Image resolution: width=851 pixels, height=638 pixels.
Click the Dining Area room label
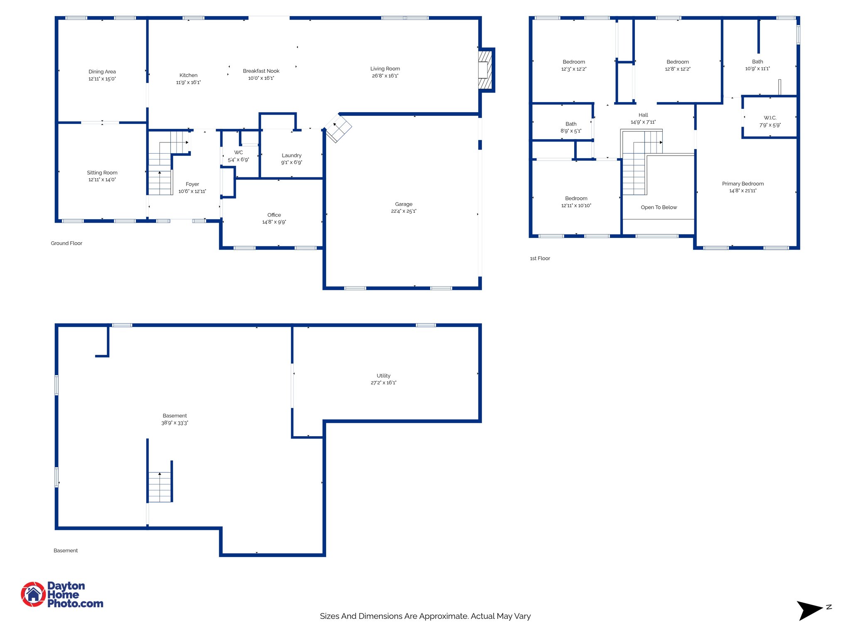coord(102,71)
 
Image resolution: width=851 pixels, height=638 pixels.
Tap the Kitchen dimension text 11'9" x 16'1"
coord(188,83)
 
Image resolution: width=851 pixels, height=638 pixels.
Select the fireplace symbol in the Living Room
coord(485,70)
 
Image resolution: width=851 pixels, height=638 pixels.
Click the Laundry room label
coord(291,155)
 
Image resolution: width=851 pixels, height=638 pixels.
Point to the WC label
coord(239,152)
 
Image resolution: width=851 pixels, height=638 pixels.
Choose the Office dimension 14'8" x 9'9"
coord(274,222)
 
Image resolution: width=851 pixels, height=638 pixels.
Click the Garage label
coord(403,204)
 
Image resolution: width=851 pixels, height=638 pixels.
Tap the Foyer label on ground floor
coord(192,184)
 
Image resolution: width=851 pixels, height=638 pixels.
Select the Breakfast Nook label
coord(261,71)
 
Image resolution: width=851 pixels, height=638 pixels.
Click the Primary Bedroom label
coord(743,184)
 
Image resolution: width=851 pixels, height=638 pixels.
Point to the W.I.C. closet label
coord(770,118)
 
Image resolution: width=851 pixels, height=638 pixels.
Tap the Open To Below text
coord(659,207)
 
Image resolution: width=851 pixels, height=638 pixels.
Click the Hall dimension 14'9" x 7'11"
coord(643,122)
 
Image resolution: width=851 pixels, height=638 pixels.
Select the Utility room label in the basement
coord(383,375)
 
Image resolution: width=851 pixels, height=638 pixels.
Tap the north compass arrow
coord(809,610)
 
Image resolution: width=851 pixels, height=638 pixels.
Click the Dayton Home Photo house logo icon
coord(33,594)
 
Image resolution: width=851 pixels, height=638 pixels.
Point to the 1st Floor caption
coord(540,258)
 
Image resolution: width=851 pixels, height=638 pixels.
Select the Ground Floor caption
coord(66,243)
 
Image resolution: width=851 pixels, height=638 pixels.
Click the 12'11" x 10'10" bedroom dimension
coord(576,206)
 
